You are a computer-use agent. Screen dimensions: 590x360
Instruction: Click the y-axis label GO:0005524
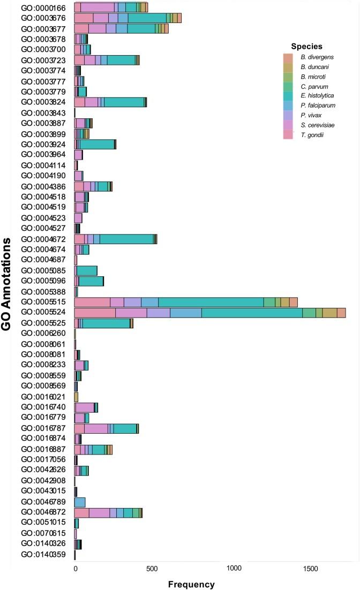tap(43, 313)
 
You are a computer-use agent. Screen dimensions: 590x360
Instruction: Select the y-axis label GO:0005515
tap(43, 302)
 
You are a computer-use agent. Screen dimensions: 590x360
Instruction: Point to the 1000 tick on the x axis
tap(234, 568)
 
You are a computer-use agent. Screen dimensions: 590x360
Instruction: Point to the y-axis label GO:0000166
tap(43, 7)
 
